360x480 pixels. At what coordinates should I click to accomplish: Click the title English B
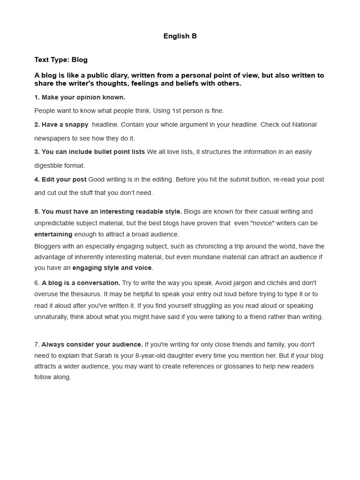pos(180,36)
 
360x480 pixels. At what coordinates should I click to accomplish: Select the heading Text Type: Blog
pos(61,60)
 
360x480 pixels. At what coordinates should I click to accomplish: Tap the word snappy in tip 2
pos(77,124)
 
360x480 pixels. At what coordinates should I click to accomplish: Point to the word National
pos(304,124)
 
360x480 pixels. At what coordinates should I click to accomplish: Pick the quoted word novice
pos(265,223)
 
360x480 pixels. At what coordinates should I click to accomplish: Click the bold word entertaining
pos(53,234)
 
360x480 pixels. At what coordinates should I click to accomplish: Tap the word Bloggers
pos(49,246)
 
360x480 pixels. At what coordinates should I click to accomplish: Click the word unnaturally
pos(52,316)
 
